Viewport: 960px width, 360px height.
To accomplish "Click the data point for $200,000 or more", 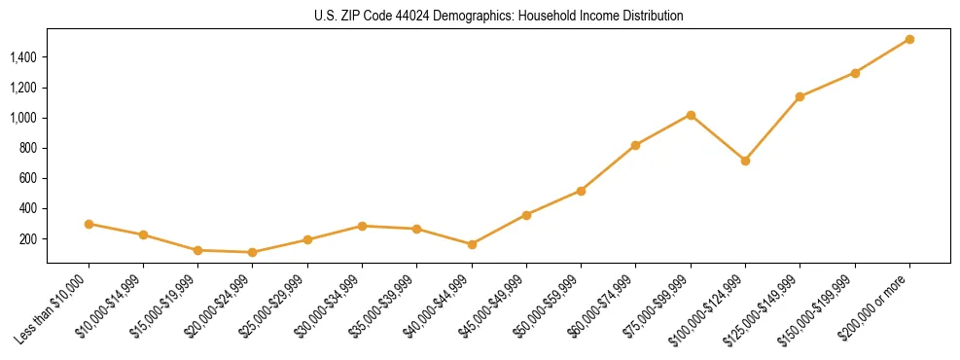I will click(909, 39).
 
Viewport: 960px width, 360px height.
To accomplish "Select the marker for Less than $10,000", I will click(89, 224).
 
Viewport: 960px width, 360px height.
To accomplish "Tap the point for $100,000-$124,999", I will click(745, 161).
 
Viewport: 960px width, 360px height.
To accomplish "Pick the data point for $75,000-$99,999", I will click(691, 115).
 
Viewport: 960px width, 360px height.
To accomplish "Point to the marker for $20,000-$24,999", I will click(253, 252).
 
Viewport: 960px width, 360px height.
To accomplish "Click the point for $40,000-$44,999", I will click(472, 244).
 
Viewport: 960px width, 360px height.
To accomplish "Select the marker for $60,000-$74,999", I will click(635, 145).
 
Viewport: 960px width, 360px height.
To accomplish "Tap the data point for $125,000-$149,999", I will click(800, 96).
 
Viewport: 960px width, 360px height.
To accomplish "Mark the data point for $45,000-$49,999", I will click(526, 215).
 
